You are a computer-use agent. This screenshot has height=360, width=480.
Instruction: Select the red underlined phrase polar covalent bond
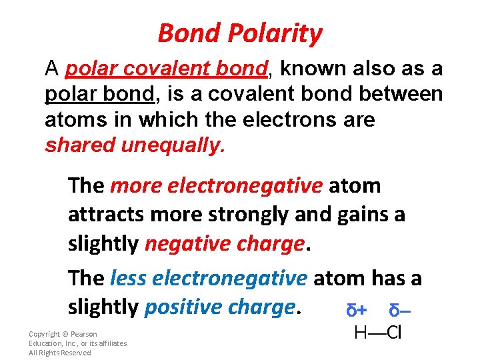[x=167, y=68]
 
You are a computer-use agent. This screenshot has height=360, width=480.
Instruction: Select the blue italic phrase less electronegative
[x=209, y=277]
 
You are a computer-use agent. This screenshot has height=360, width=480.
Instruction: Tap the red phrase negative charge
[x=224, y=244]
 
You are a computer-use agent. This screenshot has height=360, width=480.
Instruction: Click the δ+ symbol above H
[x=358, y=311]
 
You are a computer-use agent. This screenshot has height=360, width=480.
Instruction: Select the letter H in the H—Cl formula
[x=360, y=333]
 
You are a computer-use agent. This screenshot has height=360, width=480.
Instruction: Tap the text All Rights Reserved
[x=60, y=353]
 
